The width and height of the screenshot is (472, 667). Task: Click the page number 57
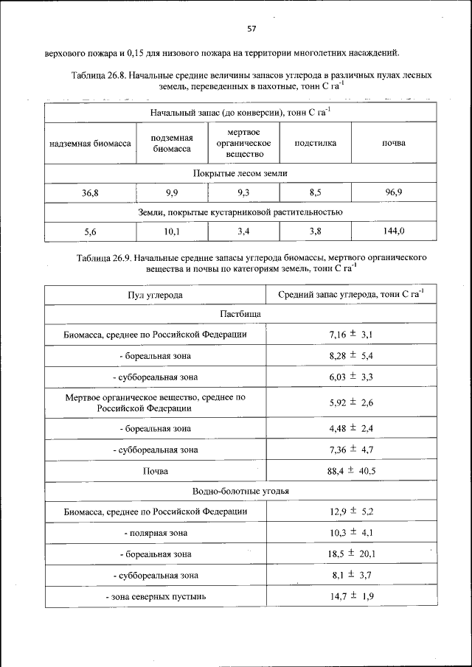[x=251, y=29]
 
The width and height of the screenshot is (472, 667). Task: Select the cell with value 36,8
[x=90, y=193]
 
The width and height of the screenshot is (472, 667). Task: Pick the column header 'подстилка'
[x=315, y=143]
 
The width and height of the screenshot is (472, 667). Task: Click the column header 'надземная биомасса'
[x=90, y=143]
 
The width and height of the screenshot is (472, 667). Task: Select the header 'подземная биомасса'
[x=172, y=143]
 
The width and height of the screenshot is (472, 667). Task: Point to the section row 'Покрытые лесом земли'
[x=240, y=173]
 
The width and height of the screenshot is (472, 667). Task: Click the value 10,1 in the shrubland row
[x=172, y=231]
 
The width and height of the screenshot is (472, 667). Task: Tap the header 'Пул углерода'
[x=155, y=295]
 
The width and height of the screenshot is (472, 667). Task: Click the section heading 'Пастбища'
[x=240, y=314]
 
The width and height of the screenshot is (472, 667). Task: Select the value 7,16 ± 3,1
[x=350, y=335]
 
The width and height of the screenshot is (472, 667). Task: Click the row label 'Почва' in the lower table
[x=155, y=471]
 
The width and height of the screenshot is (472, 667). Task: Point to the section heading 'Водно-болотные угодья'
[x=240, y=491]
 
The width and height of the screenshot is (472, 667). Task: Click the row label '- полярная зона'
[x=155, y=532]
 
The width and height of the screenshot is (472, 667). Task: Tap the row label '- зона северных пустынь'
[x=155, y=596]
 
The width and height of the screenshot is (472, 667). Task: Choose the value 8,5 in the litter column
[x=315, y=193]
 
